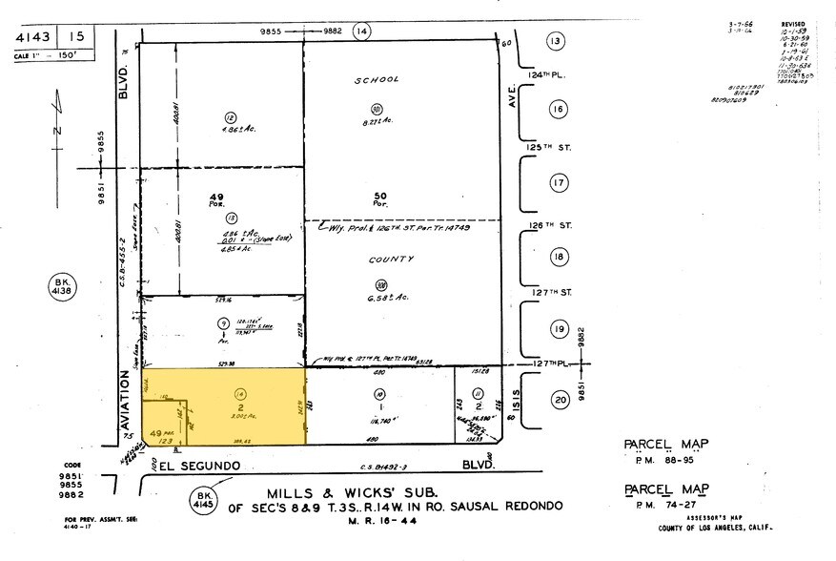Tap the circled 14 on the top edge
coord(360,31)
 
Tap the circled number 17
coord(559,182)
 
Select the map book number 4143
coord(31,37)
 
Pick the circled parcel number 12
coord(229,117)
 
